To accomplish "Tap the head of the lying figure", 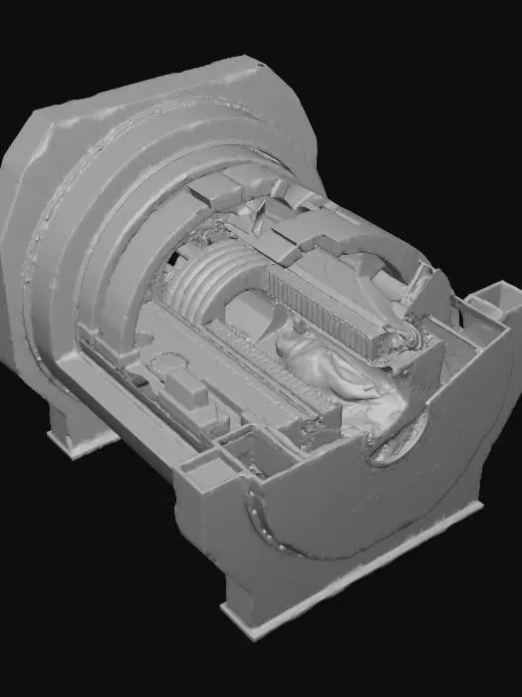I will (291, 345).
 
